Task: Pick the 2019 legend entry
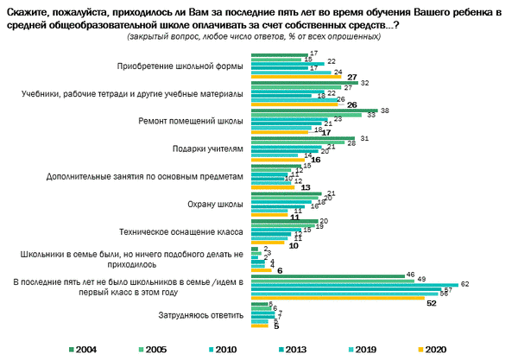click(x=363, y=348)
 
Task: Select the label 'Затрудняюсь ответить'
click(x=203, y=315)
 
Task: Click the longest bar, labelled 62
click(x=354, y=283)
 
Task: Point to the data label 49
click(x=422, y=279)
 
